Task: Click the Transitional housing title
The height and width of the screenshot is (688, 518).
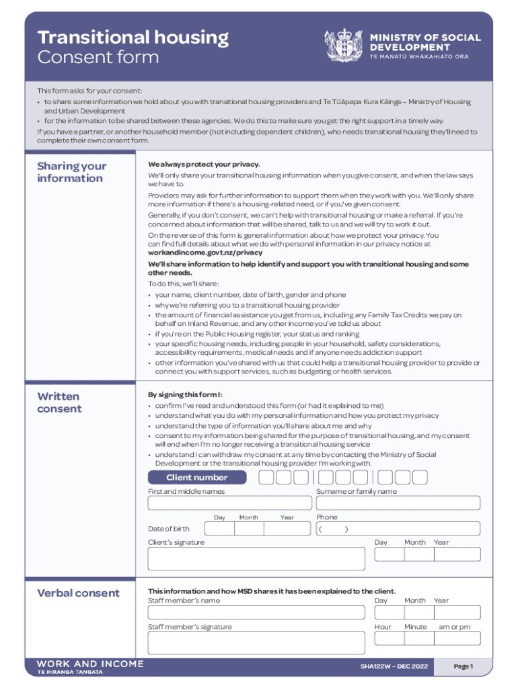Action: [133, 37]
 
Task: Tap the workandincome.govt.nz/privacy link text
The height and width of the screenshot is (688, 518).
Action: [205, 253]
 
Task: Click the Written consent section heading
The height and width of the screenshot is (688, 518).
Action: [59, 402]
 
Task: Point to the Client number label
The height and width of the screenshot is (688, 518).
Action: [197, 478]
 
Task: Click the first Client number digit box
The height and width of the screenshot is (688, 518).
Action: [266, 478]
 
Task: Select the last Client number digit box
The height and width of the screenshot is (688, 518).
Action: [419, 478]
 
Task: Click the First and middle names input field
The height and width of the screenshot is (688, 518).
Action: [229, 503]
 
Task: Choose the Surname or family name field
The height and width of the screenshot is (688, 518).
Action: [398, 503]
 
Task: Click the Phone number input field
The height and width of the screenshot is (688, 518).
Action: [398, 529]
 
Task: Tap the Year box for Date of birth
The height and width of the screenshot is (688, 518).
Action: [287, 529]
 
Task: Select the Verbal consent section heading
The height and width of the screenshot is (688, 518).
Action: [78, 593]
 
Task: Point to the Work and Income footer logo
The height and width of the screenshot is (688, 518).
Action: [89, 666]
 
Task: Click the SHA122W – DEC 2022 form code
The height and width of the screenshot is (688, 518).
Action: [393, 666]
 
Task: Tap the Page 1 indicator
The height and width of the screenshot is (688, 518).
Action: [464, 666]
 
